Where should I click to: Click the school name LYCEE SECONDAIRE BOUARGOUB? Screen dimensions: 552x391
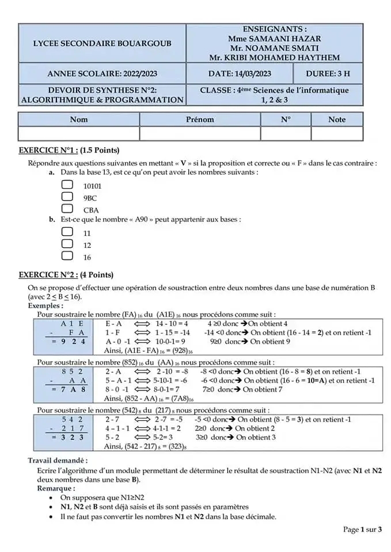point(102,43)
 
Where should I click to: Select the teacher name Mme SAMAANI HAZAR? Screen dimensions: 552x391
point(274,39)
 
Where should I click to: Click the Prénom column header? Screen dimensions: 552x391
point(200,120)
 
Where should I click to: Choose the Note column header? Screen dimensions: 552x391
point(337,120)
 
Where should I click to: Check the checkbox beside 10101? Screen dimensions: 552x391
point(67,185)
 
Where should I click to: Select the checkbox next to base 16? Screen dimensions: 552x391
point(67,256)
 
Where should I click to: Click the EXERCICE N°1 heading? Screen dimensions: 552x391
point(69,151)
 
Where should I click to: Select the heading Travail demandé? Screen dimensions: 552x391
point(58,461)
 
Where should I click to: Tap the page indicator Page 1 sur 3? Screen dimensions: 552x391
point(362,530)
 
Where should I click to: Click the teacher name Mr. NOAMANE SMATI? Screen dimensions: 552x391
point(274,48)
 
